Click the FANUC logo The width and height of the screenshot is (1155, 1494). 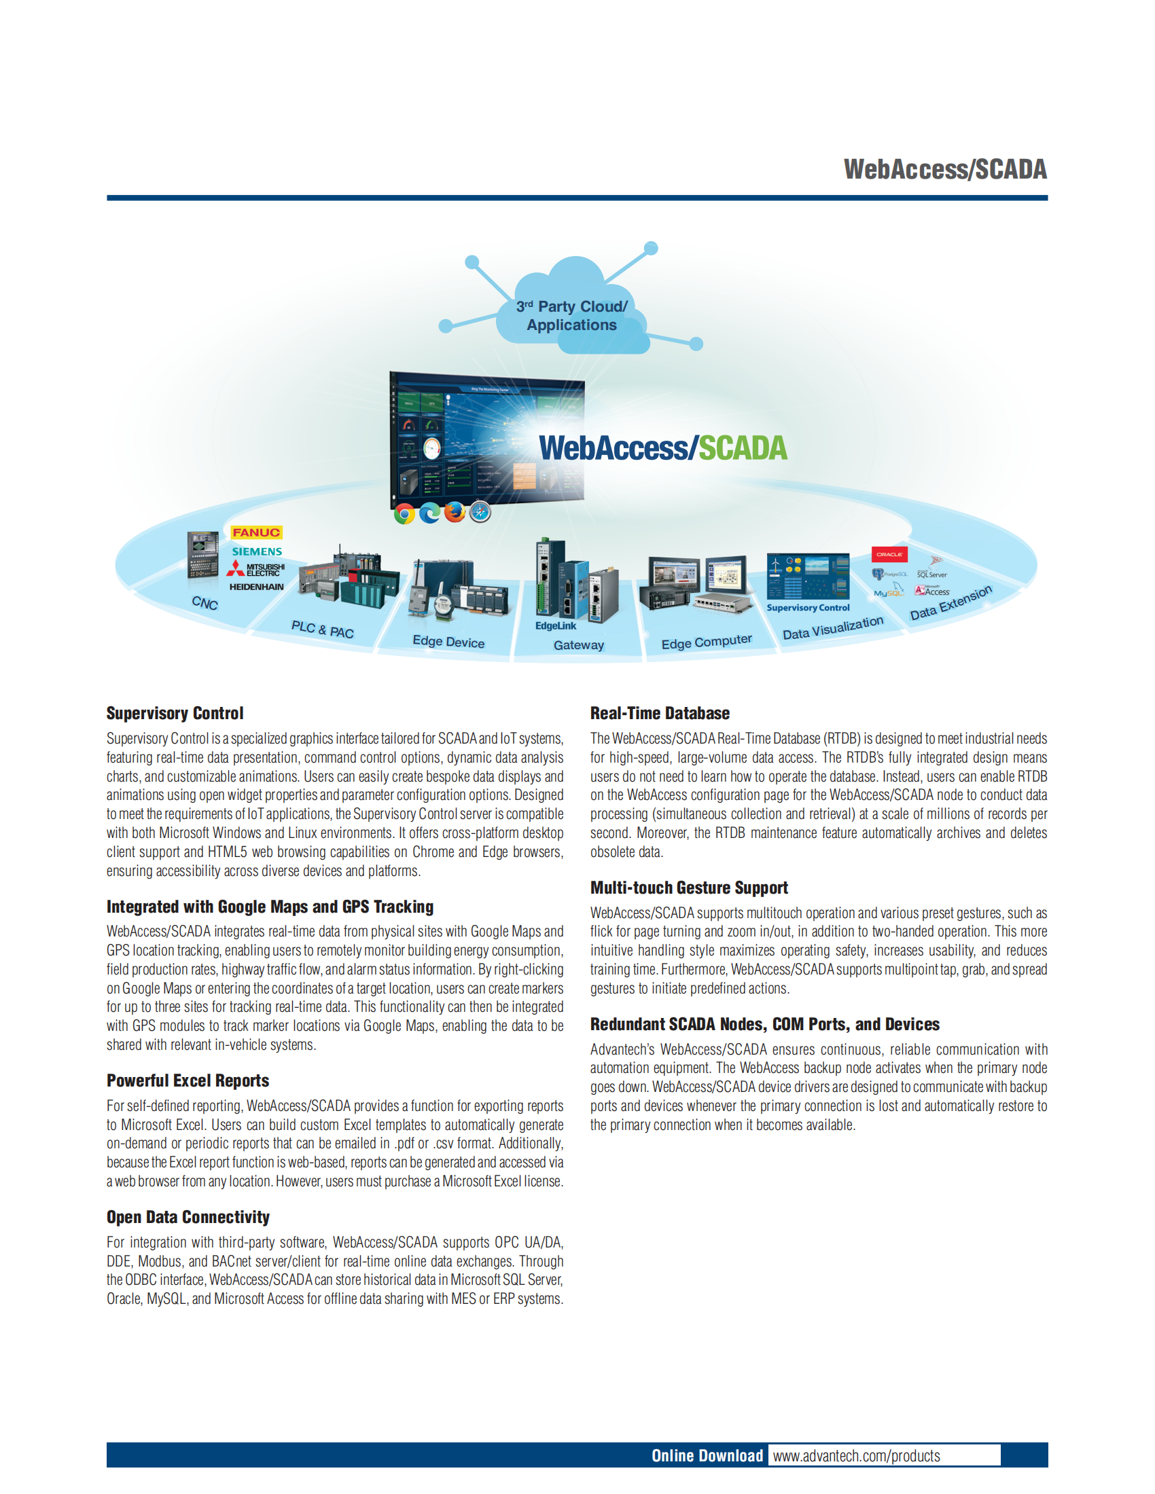[256, 532]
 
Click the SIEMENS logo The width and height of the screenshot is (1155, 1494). [257, 551]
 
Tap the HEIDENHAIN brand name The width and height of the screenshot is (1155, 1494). [256, 587]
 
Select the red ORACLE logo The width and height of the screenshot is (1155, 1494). [889, 554]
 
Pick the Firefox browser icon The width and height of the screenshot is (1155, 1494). [455, 511]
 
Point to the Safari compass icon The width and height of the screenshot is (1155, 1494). [480, 511]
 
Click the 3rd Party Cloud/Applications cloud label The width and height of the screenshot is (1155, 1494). [572, 315]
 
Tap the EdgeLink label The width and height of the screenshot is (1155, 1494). [556, 626]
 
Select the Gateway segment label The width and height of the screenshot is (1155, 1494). [579, 645]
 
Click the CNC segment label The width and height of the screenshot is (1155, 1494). [205, 602]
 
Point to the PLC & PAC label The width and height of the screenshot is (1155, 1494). [322, 630]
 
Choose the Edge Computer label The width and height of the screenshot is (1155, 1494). [706, 642]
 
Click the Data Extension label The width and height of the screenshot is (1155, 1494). [950, 602]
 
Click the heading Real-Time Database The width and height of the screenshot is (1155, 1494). [660, 714]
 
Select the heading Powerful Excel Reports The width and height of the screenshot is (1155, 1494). [188, 1081]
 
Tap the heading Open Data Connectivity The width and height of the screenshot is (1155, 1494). [188, 1217]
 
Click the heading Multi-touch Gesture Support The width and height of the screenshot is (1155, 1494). [689, 888]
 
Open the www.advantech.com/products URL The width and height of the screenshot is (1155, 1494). [856, 1456]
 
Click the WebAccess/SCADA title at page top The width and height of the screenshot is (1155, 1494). [945, 170]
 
